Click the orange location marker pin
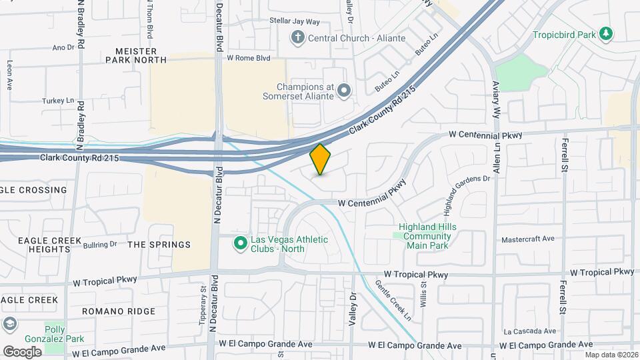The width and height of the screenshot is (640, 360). tap(321, 159)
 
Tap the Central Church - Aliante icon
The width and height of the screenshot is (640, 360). tap(298, 37)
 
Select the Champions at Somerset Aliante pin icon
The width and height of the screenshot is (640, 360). tap(344, 90)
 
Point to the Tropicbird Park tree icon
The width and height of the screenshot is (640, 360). tap(605, 33)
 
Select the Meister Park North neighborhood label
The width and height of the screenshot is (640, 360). tap(136, 55)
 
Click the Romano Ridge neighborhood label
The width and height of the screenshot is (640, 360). tap(119, 311)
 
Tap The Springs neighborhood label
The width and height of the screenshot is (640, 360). tap(159, 245)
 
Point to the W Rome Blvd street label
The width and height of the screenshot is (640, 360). tap(249, 58)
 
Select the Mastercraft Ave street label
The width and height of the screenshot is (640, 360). tap(528, 239)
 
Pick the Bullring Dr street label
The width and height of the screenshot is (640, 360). tap(101, 245)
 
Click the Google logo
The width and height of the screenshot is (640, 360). tap(22, 351)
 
